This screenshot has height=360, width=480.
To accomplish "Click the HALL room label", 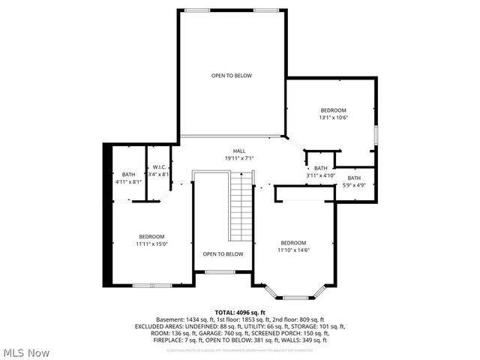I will [239, 151].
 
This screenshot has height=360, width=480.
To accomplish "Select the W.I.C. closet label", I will [159, 166].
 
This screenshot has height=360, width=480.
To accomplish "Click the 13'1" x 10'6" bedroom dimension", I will [334, 117].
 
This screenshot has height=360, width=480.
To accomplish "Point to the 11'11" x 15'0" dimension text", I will [151, 243].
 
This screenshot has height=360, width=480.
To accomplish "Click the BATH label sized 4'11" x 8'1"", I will [129, 174].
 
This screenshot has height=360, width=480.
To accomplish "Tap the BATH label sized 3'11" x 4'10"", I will [321, 168].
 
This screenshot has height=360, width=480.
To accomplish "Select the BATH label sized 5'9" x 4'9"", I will [354, 178].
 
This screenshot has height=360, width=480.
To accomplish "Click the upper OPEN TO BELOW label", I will [231, 76].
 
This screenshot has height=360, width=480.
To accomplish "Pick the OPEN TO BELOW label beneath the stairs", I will [223, 253].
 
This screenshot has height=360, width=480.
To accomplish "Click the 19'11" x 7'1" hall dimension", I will [239, 158].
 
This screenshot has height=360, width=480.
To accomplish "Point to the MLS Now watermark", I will [26, 352].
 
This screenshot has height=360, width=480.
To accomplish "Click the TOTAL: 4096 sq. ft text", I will [240, 312].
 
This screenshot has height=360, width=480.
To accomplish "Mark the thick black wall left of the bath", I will [106, 217].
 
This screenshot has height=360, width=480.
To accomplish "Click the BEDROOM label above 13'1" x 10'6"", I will [334, 110].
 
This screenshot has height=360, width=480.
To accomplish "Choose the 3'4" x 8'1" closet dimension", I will [159, 174].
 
